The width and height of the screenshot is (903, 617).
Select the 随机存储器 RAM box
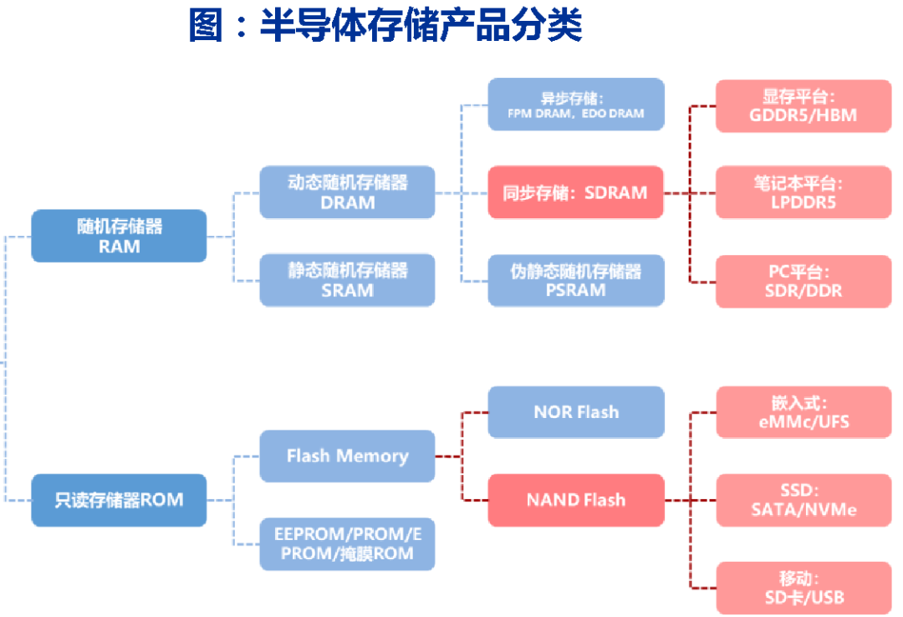(119, 236)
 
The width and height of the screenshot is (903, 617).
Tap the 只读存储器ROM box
(119, 500)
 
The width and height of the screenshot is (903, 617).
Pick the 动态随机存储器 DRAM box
(347, 192)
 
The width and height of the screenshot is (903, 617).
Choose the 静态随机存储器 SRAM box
(347, 280)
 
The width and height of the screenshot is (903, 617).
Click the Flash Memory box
(347, 456)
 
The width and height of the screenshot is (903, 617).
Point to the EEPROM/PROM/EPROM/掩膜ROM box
(347, 543)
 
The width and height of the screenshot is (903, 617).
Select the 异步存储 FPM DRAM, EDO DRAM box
(576, 105)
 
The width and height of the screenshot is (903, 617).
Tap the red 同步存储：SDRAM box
(576, 192)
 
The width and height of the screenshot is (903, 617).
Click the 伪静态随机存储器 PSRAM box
(576, 280)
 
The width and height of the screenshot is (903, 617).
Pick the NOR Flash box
(576, 412)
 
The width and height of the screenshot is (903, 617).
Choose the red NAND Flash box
(576, 500)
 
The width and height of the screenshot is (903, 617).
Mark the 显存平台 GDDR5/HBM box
(804, 106)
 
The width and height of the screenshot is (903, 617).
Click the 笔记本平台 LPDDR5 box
(804, 192)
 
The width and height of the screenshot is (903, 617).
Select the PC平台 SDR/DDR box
(804, 282)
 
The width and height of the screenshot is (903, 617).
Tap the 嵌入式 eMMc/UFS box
(804, 412)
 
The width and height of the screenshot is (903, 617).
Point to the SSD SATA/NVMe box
(804, 500)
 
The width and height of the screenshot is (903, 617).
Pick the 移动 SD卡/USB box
(804, 588)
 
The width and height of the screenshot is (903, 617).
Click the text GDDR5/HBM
(804, 116)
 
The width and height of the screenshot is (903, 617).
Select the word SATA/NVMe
(804, 510)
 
